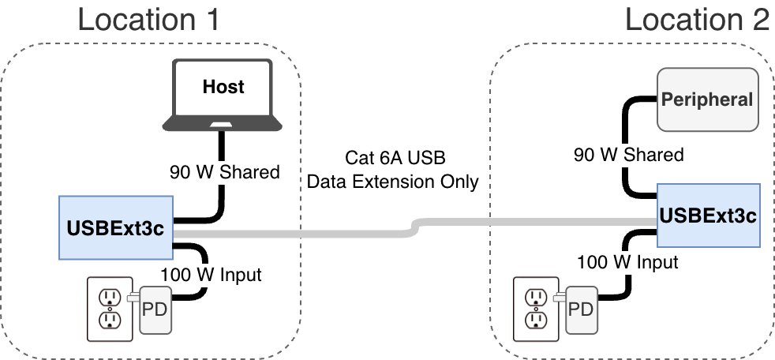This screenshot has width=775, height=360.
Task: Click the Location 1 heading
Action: [148, 19]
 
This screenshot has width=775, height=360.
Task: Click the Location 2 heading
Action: [697, 19]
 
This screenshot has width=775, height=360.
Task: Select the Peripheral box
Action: [707, 99]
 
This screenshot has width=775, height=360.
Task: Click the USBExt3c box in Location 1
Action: [114, 229]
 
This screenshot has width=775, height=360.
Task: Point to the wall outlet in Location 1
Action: [110, 308]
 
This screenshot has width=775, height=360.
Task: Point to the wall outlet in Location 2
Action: [536, 308]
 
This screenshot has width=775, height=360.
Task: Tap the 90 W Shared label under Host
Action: [224, 171]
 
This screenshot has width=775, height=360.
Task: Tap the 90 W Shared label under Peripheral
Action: [628, 154]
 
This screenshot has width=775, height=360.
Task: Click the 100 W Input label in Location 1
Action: [211, 275]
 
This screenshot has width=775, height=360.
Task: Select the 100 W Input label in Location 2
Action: [627, 261]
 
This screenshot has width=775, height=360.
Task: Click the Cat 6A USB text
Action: [392, 157]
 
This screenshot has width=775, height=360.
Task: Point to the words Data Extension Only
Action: [392, 182]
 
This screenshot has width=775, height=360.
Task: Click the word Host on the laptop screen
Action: [224, 86]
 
